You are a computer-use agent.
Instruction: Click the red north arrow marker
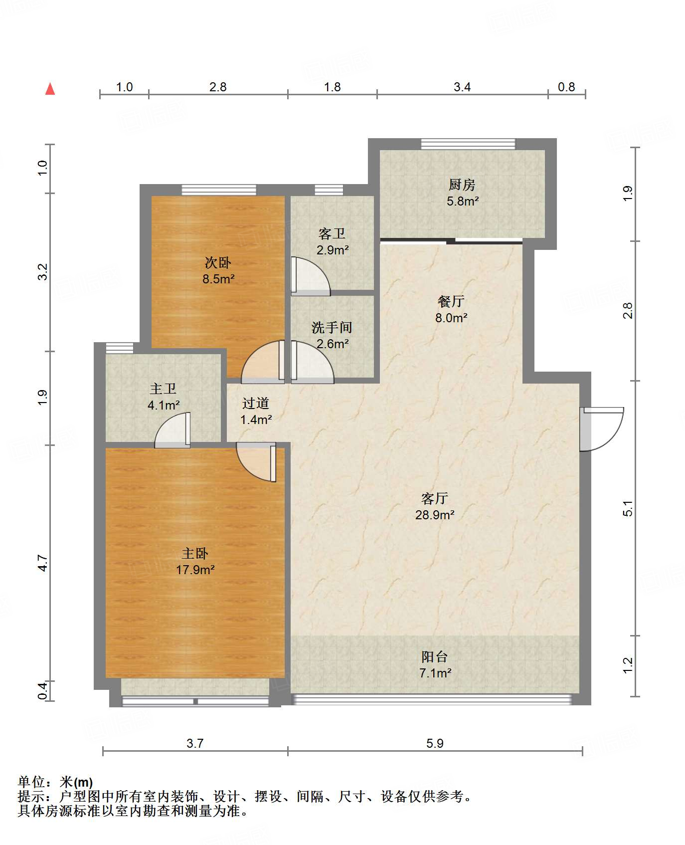click(50, 89)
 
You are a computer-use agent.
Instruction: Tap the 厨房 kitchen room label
click(462, 185)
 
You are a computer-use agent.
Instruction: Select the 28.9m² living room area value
click(435, 515)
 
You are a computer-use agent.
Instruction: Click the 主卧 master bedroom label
click(195, 553)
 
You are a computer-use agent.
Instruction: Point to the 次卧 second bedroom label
click(218, 263)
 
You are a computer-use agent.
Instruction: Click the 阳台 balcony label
click(435, 657)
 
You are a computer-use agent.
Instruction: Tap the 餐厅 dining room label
click(451, 301)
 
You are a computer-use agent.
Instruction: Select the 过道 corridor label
click(256, 403)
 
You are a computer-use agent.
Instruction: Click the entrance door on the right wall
click(601, 429)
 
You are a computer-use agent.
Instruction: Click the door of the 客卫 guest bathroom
click(309, 276)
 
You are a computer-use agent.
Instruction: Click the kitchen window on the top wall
click(468, 144)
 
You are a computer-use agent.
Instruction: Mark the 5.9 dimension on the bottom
click(435, 743)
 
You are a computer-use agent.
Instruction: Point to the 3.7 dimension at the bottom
click(195, 743)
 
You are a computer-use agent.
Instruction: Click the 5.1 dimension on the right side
click(628, 508)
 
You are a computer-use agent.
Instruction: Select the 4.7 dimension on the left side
click(43, 563)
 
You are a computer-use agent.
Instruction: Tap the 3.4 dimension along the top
click(462, 87)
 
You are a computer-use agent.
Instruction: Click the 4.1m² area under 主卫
click(164, 405)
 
